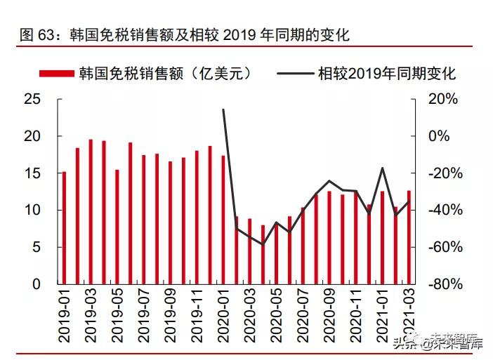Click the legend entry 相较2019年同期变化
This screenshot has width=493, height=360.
(366, 73)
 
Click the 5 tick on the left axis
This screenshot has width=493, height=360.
(36, 247)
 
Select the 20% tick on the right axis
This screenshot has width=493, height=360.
(443, 99)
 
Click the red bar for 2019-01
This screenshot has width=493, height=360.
(64, 228)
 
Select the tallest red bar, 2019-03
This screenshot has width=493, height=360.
(91, 212)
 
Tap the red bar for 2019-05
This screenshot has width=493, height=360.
(117, 227)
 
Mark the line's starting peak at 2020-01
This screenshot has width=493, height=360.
(223, 109)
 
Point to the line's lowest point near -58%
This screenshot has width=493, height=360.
(263, 244)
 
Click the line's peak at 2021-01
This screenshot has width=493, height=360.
(383, 168)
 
